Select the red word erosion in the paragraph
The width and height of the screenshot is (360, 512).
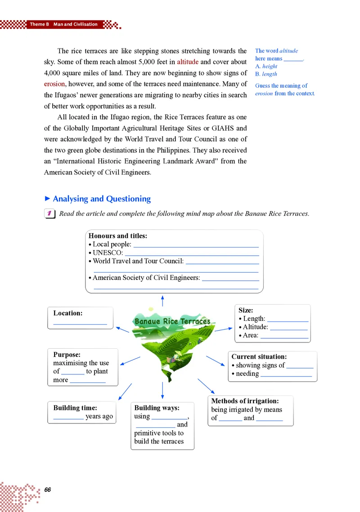pyautogui.click(x=55, y=84)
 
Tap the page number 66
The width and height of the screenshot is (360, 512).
pyautogui.click(x=48, y=490)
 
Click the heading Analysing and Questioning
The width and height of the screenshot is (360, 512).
pyautogui.click(x=101, y=199)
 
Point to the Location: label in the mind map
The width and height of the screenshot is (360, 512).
pyautogui.click(x=67, y=313)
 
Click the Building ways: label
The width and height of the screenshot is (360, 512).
pyautogui.click(x=157, y=408)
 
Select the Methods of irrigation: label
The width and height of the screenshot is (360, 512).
pyautogui.click(x=245, y=401)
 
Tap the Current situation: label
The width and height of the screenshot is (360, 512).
pyautogui.click(x=259, y=357)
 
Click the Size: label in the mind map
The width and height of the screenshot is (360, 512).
pyautogui.click(x=246, y=310)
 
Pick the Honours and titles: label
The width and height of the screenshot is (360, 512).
pyautogui.click(x=118, y=236)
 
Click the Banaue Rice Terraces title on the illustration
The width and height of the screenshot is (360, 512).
pyautogui.click(x=172, y=321)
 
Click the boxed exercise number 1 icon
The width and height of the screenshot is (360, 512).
pyautogui.click(x=49, y=214)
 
